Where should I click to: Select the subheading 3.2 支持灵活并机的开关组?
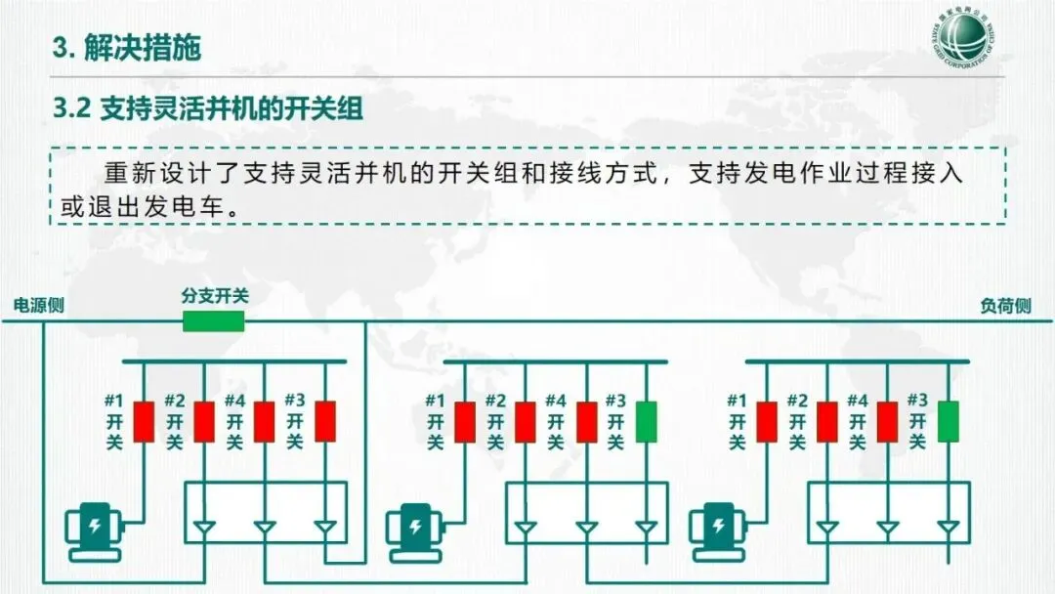[208, 108]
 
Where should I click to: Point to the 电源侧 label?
[38, 305]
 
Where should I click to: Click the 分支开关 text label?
[214, 295]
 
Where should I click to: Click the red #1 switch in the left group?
[144, 421]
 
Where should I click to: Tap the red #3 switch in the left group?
[324, 421]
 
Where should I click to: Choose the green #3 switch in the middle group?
[647, 421]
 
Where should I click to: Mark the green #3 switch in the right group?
[948, 421]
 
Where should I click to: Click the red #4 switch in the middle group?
[586, 421]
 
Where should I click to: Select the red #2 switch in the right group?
[827, 421]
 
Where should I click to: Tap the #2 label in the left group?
[174, 401]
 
